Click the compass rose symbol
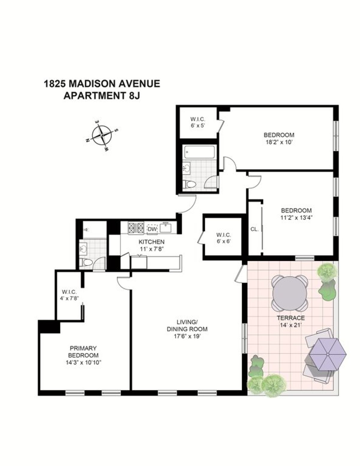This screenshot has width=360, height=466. click(102, 135)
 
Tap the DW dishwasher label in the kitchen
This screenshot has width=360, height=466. click(152, 229)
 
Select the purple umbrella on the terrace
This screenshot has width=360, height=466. click(328, 354)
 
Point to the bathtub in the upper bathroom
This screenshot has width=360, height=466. click(199, 152)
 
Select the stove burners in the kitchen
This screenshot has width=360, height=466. click(136, 228)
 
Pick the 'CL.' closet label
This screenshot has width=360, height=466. click(254, 229)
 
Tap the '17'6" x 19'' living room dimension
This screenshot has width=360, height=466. click(187, 336)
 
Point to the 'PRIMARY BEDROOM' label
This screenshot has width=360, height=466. click(83, 352)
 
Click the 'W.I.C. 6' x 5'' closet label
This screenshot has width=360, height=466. click(198, 123)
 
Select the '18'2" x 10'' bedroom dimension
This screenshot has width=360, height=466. click(279, 142)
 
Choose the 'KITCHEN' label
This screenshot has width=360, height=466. click(151, 242)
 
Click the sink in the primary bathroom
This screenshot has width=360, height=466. click(83, 249)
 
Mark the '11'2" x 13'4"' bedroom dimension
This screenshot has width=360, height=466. click(296, 218)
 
